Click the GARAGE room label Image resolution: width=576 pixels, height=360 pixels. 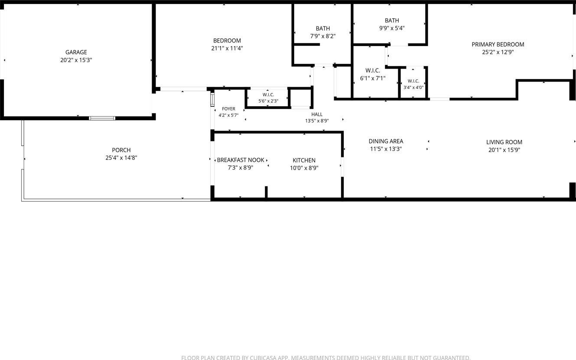tap(76, 52)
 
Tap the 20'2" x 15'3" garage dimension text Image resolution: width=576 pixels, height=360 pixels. tap(76, 60)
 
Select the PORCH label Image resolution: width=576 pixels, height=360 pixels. tap(121, 150)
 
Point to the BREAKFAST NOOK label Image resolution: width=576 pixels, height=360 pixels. tap(241, 160)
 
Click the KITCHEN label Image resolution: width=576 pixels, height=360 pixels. tap(304, 160)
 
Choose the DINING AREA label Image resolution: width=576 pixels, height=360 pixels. tap(386, 141)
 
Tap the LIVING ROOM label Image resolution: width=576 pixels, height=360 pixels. tap(504, 142)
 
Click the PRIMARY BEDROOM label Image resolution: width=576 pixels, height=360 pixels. tap(498, 45)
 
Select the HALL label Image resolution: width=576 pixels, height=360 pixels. tap(317, 114)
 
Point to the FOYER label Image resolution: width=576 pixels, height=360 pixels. tap(228, 109)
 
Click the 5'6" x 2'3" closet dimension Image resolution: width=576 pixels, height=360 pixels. tap(268, 101)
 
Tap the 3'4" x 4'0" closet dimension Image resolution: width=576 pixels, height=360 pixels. tap(413, 88)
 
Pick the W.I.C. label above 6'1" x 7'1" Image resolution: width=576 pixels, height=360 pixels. tap(373, 71)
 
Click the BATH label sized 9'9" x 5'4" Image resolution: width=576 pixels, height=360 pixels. tap(392, 20)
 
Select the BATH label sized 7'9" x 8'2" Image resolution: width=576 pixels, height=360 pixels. tap(323, 29)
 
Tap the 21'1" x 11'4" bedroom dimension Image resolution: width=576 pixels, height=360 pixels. tap(227, 49)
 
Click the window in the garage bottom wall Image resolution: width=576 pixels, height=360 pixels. tap(102, 118)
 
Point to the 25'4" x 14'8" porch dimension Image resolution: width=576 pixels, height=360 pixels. tap(121, 158)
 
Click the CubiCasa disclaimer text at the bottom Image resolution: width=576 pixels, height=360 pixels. tap(326, 357)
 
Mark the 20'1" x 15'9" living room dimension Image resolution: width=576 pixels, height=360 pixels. tap(504, 150)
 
